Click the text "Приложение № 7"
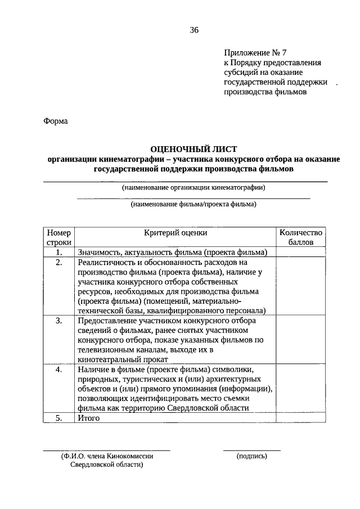point(250,52)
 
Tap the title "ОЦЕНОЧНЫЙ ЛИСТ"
point(193,149)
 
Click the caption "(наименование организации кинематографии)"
point(193,188)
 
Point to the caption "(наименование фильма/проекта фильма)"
point(193,204)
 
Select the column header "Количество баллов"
point(300,237)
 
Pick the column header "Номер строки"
point(59,237)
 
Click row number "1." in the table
point(59,252)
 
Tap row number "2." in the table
point(59,262)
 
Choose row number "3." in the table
point(59,321)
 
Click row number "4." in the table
point(59,370)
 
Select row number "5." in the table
point(59,418)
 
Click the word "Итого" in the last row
point(89,418)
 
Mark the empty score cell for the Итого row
point(300,418)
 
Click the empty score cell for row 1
point(300,252)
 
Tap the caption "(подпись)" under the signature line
point(252,456)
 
